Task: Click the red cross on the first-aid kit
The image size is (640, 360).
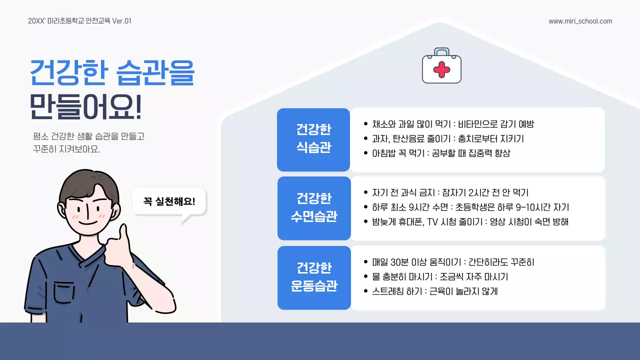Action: coord(441,69)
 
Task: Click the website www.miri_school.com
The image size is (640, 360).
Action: coord(580,21)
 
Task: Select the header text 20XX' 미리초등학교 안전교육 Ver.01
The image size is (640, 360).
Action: coord(80,21)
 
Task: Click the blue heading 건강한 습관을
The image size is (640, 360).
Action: coord(112,73)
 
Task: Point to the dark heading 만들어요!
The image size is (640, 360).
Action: coord(85,106)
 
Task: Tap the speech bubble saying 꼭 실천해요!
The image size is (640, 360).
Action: coord(169,201)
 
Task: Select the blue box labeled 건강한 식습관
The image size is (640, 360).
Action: coord(313,139)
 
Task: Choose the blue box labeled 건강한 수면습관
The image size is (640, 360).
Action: coord(313,207)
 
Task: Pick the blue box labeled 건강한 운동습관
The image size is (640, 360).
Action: coord(313,277)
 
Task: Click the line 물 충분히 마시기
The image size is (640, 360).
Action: coord(440,276)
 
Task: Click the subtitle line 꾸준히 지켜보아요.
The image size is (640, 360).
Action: coord(66,149)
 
